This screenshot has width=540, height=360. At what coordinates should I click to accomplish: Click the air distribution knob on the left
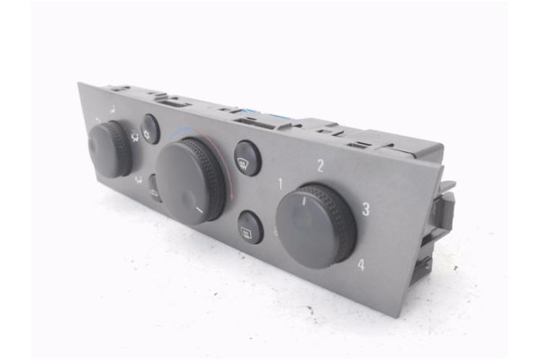pyautogui.click(x=110, y=150)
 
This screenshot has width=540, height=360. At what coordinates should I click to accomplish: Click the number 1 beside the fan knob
pyautogui.click(x=282, y=184)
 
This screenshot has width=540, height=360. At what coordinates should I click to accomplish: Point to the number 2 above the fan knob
pyautogui.click(x=319, y=165)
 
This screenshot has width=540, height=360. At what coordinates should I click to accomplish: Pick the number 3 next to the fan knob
pyautogui.click(x=365, y=210)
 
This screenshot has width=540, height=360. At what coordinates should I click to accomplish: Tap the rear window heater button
pyautogui.click(x=249, y=227)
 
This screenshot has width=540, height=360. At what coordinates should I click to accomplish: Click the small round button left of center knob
pyautogui.click(x=149, y=129)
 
